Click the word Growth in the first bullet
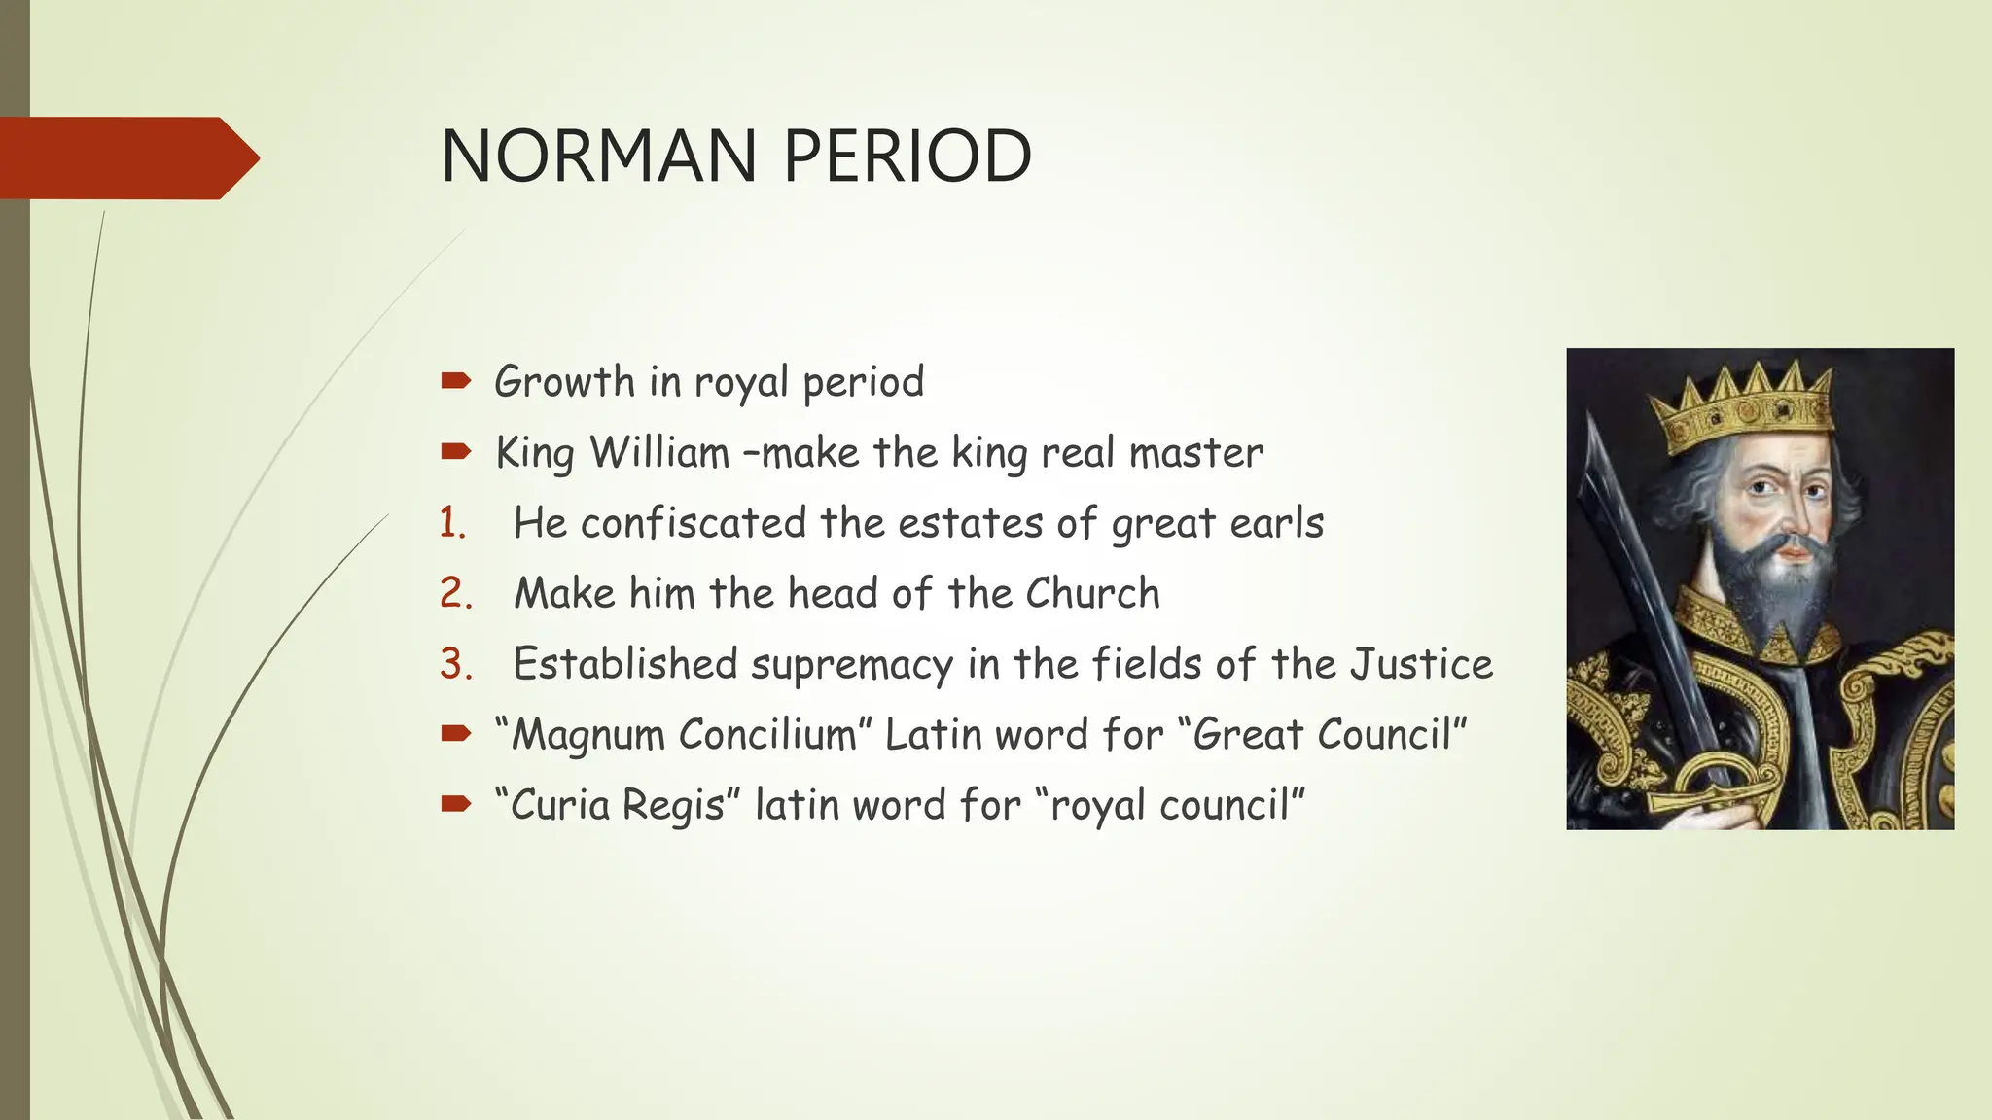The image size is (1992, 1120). (x=564, y=381)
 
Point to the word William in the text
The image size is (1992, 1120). (x=659, y=452)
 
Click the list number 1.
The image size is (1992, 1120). (x=452, y=523)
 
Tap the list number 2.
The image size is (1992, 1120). (x=455, y=593)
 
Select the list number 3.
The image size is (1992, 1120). (x=455, y=664)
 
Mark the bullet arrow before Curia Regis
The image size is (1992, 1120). (x=455, y=804)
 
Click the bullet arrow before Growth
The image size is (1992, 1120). (x=455, y=381)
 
